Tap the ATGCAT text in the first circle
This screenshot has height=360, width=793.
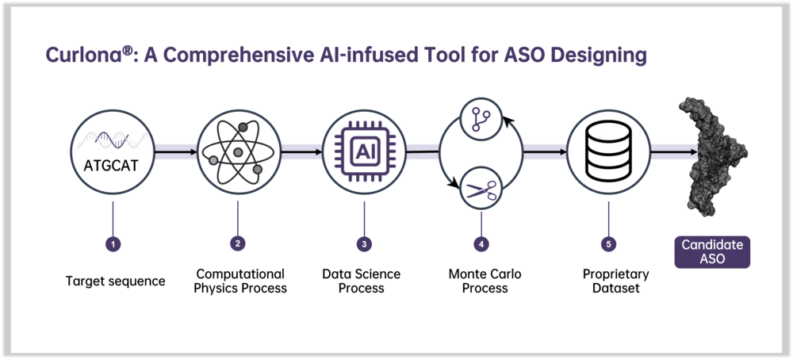[x=112, y=166]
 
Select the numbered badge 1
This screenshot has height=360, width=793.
[x=113, y=244]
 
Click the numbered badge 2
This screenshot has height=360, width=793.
[x=238, y=243]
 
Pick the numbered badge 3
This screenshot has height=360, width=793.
[x=364, y=244]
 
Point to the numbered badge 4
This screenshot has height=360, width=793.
[x=481, y=244]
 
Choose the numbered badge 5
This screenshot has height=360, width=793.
[x=608, y=244]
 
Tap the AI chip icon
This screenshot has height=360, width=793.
[x=364, y=152]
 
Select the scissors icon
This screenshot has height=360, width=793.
[x=481, y=190]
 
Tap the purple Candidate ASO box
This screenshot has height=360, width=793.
[x=712, y=252]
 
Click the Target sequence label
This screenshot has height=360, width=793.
[x=115, y=281]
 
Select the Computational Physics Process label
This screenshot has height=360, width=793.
[x=240, y=281]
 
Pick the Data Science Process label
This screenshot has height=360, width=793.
[x=361, y=281]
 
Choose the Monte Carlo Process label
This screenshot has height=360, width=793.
[x=485, y=281]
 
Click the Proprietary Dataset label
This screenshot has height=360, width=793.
[x=615, y=281]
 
